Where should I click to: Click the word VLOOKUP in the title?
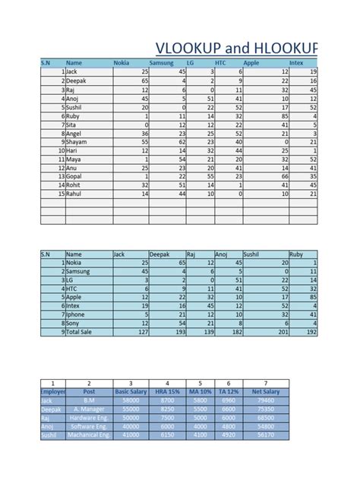[x=188, y=48]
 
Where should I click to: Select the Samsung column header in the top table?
[x=161, y=63]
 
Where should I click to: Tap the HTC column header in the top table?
[x=221, y=63]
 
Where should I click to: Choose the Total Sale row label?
[x=83, y=331]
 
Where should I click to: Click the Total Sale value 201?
[x=280, y=331]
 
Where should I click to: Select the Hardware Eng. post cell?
[x=89, y=417]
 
